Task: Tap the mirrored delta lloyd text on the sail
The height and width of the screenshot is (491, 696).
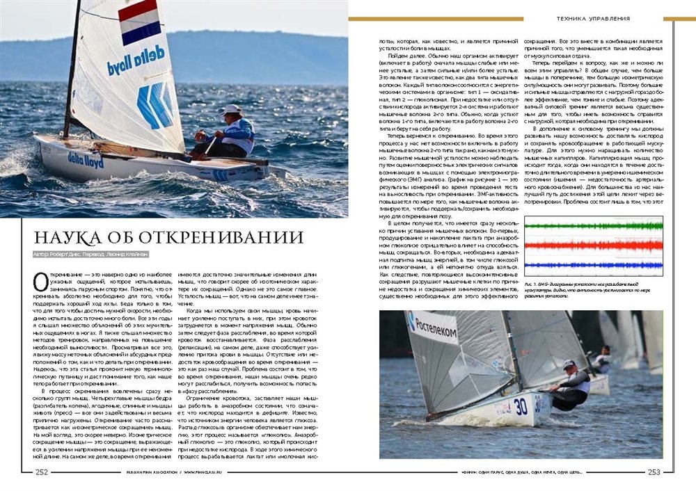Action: [136, 61]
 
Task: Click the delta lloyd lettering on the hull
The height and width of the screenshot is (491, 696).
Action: [86, 159]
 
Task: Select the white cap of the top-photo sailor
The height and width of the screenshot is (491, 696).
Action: [232, 109]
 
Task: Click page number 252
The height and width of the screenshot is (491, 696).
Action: [42, 472]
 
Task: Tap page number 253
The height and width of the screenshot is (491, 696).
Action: [654, 472]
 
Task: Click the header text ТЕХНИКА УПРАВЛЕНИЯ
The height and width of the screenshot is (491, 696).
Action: [593, 19]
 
